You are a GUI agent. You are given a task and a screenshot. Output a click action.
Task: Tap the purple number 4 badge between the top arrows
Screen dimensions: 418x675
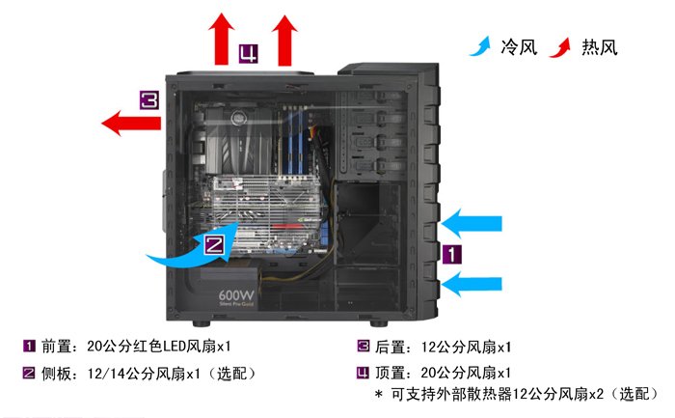click(x=250, y=51)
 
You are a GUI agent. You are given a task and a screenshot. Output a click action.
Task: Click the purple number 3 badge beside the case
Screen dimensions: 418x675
click(x=148, y=100)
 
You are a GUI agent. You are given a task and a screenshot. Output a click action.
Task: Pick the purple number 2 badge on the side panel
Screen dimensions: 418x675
click(x=216, y=245)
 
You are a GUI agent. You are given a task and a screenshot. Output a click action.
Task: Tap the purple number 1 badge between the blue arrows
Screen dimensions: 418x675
click(x=452, y=254)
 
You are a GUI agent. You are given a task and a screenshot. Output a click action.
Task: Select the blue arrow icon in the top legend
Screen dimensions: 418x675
click(x=479, y=46)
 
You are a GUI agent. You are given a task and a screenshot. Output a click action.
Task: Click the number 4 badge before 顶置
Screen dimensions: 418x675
click(x=364, y=372)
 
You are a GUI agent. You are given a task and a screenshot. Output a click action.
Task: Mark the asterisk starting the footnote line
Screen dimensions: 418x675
click(x=378, y=395)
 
